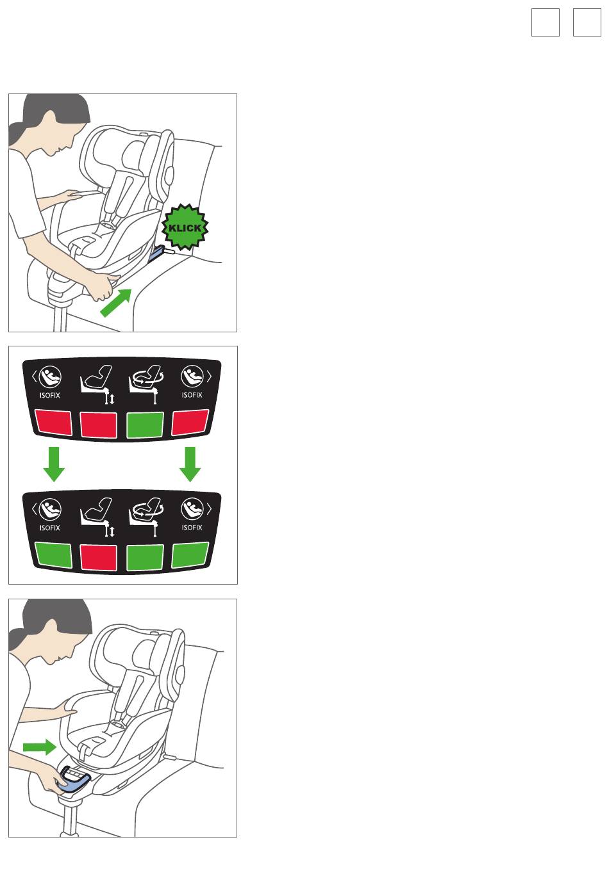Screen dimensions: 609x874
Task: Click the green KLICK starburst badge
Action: pos(185,227)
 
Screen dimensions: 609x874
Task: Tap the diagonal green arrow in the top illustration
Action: pos(116,303)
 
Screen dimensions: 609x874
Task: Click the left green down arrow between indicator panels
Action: pos(54,464)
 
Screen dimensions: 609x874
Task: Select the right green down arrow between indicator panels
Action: pos(190,464)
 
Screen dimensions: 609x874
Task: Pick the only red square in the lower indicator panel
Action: pos(99,557)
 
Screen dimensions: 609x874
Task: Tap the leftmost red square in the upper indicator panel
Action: pos(53,423)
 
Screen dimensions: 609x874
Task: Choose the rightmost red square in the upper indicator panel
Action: pos(190,422)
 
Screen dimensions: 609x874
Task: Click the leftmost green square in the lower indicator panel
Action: pos(53,555)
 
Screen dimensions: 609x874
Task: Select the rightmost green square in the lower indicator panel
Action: pos(190,554)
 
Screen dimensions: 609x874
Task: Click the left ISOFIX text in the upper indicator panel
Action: pos(49,395)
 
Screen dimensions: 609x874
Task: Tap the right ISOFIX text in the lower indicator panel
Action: pos(192,528)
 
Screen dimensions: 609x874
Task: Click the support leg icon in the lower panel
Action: pos(97,517)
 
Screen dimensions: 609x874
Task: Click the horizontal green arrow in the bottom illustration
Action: pos(40,747)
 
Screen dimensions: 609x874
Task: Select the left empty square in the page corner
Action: pos(545,22)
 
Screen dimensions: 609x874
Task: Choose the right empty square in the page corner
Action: pos(587,22)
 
